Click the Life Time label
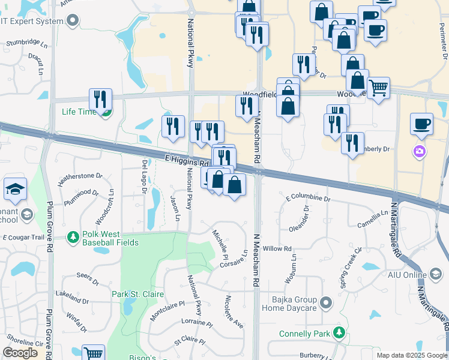coord(78,112)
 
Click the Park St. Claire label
coord(134,294)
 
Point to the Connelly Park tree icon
coord(340,332)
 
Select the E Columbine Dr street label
coord(308,197)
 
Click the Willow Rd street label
coord(277,248)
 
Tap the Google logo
coord(20,353)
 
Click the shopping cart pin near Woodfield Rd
coord(379,89)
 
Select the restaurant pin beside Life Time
coord(100,100)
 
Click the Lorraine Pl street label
coord(193,322)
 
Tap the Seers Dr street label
coord(87,278)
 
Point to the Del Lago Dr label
coord(145,177)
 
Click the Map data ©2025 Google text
coord(411,355)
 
